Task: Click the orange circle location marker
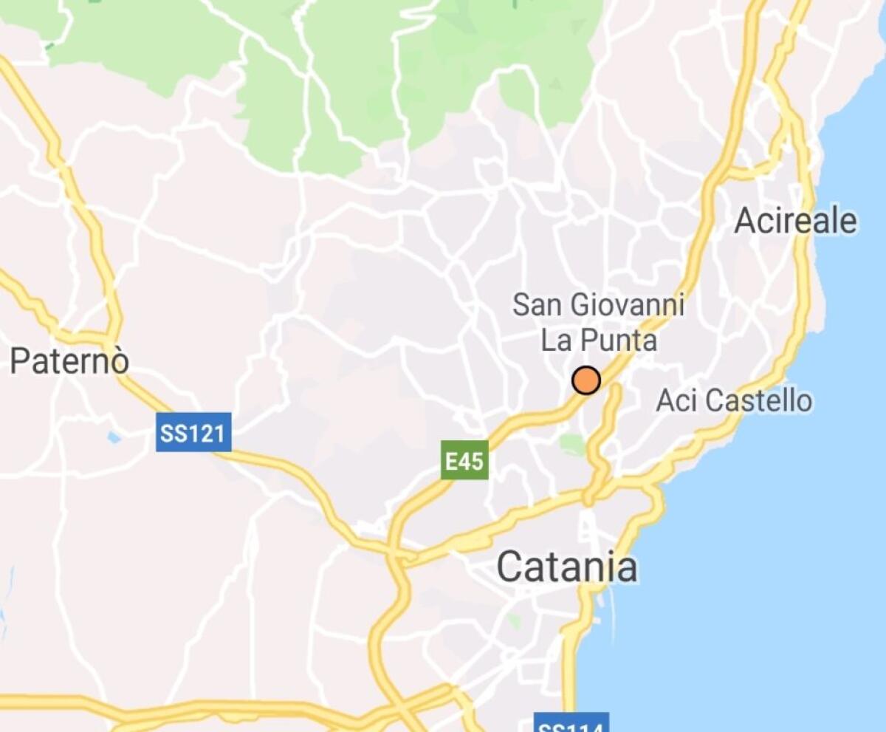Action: (586, 380)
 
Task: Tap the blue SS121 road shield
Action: (194, 432)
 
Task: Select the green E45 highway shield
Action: (464, 460)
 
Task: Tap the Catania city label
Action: (566, 567)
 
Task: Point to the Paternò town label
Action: (70, 361)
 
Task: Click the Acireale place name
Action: (796, 221)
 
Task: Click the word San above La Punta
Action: (533, 304)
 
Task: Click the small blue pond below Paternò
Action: (113, 437)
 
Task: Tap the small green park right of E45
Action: (571, 444)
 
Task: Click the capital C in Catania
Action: (511, 568)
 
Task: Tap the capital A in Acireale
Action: (746, 221)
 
